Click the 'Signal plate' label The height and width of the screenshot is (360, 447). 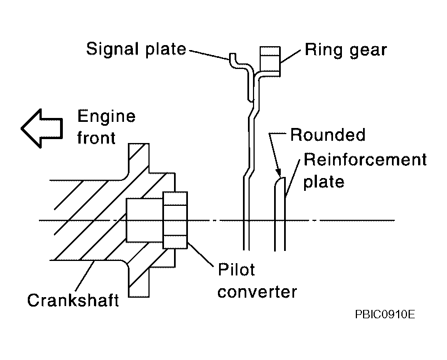(136, 49)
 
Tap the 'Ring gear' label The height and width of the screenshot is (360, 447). (346, 50)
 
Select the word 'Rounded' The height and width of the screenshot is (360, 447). (328, 135)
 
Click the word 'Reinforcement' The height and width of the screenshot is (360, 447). (365, 159)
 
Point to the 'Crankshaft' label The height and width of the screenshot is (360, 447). (73, 300)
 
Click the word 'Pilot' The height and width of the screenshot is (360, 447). (236, 269)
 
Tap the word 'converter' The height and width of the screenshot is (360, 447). (257, 292)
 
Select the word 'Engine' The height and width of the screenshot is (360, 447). (106, 116)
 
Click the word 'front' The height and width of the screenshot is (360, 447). (96, 138)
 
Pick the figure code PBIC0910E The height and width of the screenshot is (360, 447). (385, 314)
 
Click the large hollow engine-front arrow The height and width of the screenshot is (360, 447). (42, 129)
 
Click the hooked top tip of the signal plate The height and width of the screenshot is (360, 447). (232, 55)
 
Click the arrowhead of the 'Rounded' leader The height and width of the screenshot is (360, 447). (278, 173)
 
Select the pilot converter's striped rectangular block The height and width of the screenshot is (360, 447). (175, 220)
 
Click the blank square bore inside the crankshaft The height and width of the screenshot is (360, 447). (145, 220)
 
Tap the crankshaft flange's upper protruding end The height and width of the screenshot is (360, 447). (138, 157)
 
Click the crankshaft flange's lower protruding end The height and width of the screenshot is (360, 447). (138, 283)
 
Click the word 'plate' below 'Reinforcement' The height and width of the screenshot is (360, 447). (324, 182)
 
